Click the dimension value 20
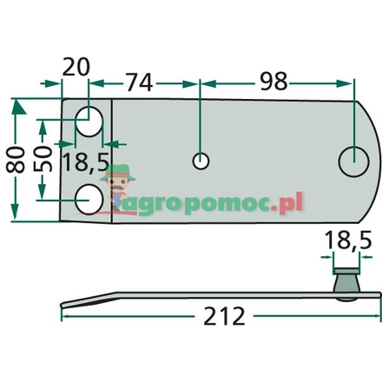pyautogui.click(x=76, y=68)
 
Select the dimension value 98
pyautogui.click(x=275, y=83)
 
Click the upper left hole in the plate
pyautogui.click(x=88, y=122)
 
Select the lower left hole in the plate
pyautogui.click(x=88, y=200)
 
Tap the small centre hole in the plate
pyautogui.click(x=201, y=161)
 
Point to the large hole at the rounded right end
pyautogui.click(x=353, y=161)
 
